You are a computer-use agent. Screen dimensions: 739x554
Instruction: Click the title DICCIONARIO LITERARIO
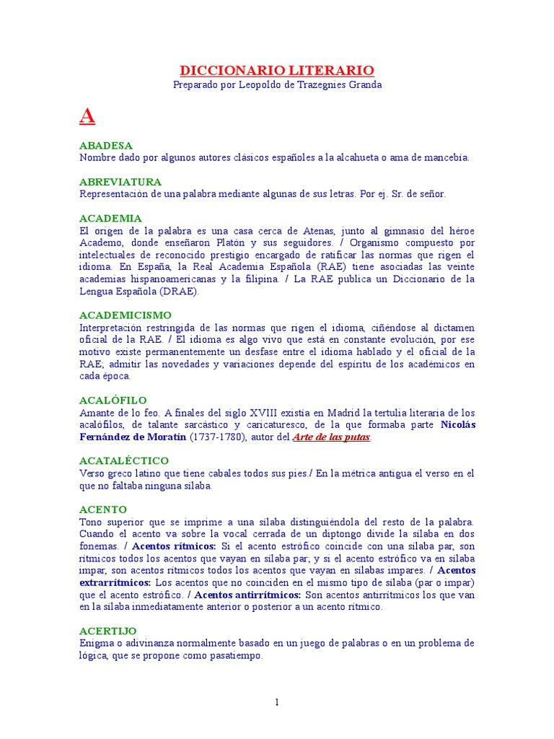point(277,70)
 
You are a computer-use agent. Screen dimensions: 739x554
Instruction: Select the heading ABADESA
point(106,146)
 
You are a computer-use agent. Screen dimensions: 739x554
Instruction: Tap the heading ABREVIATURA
point(120,182)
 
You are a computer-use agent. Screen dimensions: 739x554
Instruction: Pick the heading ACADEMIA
point(110,218)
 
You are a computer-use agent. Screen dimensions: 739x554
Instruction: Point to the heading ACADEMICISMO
point(126,315)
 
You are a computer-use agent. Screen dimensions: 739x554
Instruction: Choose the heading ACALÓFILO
point(113,400)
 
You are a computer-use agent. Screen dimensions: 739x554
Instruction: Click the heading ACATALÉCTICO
point(124,460)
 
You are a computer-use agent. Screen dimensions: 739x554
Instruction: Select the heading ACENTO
point(103,510)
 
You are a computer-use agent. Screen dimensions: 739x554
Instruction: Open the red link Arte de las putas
point(330,437)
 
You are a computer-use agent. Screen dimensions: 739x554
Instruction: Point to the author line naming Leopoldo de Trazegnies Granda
point(277,85)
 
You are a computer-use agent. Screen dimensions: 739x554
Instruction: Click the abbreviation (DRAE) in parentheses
point(176,292)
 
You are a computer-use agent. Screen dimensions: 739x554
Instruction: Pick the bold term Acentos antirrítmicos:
point(248,595)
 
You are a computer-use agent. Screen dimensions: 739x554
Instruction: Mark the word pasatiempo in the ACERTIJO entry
point(235,656)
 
